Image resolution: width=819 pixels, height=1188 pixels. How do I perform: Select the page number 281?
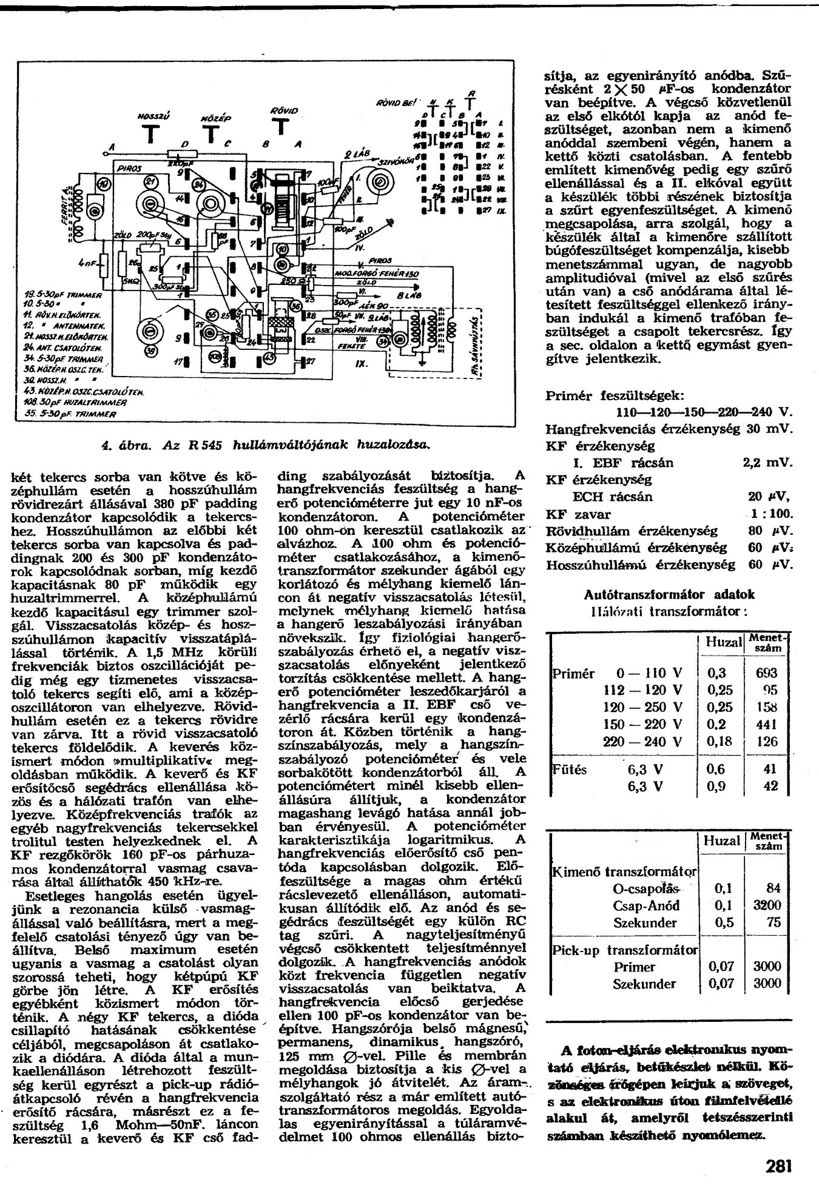[778, 1166]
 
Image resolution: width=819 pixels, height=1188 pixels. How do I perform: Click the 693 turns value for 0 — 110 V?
[768, 673]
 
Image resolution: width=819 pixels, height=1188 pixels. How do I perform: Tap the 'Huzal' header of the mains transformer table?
[724, 643]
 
